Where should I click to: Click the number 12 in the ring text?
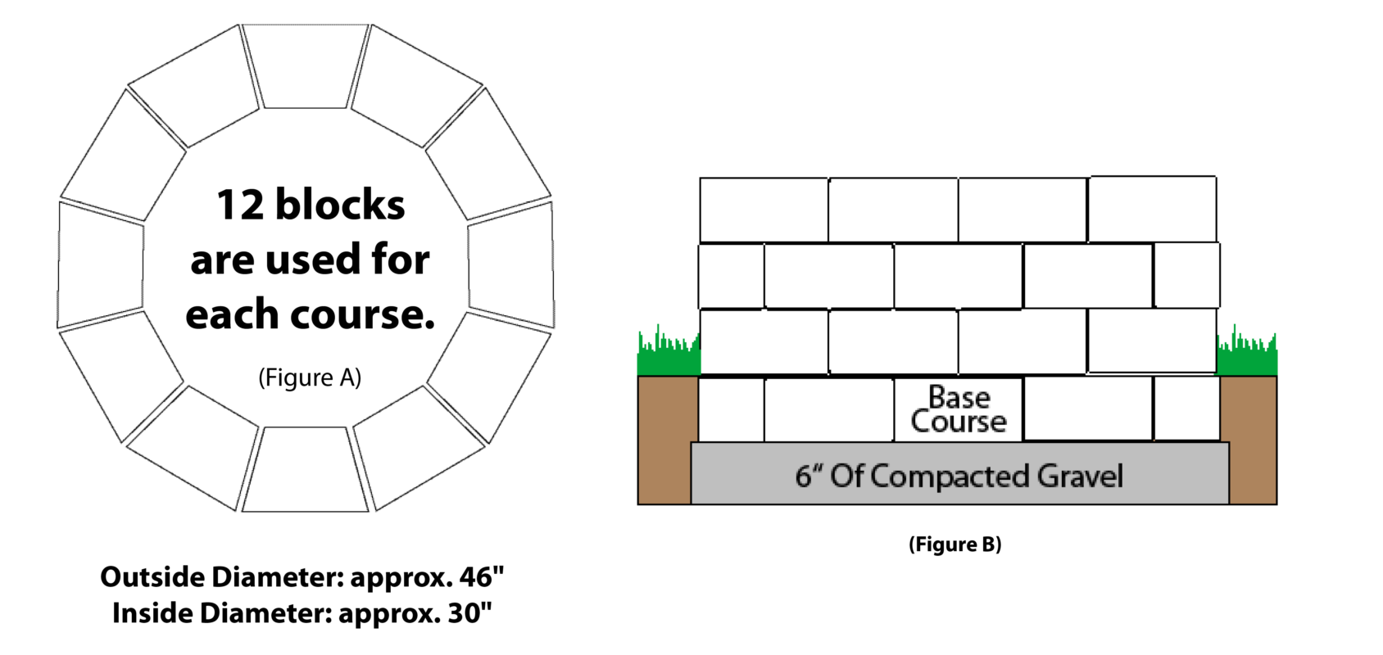point(242,206)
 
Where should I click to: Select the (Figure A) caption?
point(310,377)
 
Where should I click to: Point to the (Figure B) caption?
point(955,544)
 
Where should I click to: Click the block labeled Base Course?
point(959,409)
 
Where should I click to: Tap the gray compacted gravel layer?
point(960,474)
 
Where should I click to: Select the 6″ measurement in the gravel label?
point(809,477)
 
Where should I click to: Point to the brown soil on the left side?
point(664,439)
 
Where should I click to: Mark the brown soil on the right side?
point(1252,439)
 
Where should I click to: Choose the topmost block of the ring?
point(306,66)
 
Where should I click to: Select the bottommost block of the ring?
point(306,469)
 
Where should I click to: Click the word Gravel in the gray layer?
point(1080,477)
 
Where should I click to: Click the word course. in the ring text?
point(363,315)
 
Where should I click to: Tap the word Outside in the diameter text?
point(153,576)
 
